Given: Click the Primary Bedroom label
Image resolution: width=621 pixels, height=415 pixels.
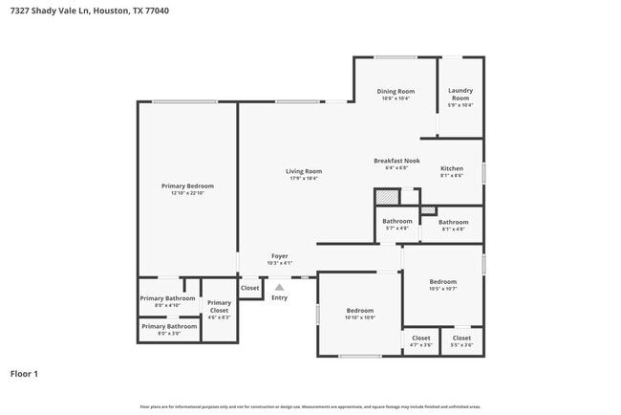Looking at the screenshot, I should coord(187,186).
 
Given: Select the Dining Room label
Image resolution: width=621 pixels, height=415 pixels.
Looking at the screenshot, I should coord(396,92).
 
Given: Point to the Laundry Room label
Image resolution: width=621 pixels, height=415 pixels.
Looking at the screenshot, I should coord(460,95).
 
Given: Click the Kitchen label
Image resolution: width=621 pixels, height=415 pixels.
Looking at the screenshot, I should coord(452,168).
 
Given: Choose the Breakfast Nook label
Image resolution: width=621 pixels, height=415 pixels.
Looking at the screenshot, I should coord(396,161).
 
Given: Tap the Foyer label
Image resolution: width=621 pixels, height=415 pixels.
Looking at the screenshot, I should coord(280,255).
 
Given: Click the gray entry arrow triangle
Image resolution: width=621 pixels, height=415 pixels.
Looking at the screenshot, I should coord(279,286).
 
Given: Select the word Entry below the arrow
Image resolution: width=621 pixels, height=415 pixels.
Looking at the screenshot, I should coord(279,297).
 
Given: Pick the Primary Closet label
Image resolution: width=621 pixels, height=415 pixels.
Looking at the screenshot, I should coord(219,306).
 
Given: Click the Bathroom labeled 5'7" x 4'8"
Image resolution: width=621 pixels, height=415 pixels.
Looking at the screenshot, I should coord(396,221).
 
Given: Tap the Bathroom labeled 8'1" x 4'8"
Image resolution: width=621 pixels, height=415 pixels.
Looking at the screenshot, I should coord(453,222).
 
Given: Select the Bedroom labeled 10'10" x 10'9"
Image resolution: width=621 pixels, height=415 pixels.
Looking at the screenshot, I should coord(360,311).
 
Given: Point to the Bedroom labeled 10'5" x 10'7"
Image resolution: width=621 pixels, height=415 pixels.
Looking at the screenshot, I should coord(442,282).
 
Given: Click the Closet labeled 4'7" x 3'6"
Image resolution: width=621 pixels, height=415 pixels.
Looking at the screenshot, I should coord(421,338).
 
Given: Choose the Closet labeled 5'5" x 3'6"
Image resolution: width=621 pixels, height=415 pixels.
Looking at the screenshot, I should coord(461,338).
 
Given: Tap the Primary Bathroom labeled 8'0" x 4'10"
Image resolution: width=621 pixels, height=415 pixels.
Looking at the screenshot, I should coord(167,298).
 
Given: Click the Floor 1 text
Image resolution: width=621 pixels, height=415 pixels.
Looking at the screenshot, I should coord(24,374).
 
